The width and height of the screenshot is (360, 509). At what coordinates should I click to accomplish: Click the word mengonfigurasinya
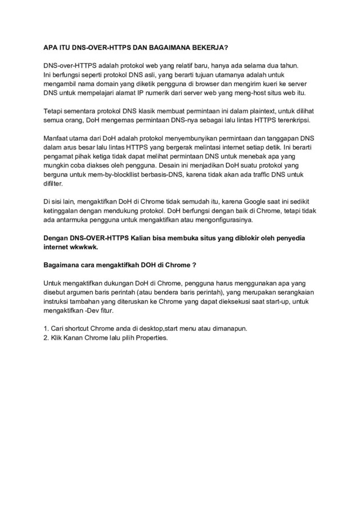click(x=223, y=220)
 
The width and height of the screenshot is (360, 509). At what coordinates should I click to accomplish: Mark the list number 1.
click(x=46, y=329)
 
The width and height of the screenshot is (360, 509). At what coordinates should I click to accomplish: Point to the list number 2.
click(x=46, y=338)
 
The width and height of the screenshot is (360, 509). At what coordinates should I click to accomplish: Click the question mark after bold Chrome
click(x=194, y=265)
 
